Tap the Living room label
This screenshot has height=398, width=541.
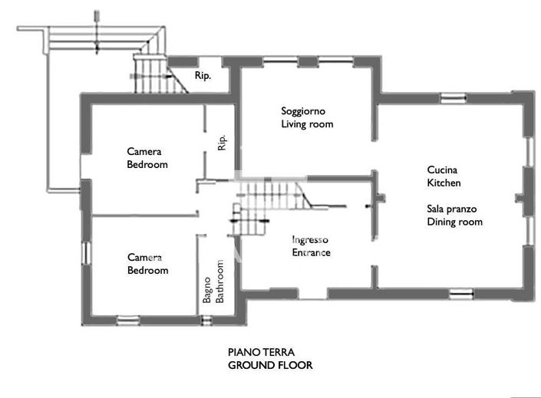point(307,124)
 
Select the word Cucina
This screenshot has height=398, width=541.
point(443,170)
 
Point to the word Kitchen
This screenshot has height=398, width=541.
point(444,183)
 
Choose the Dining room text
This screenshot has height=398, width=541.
point(455,222)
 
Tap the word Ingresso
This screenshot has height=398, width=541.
point(310,240)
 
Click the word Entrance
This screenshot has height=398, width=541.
point(311,252)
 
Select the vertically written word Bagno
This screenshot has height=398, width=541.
point(207,290)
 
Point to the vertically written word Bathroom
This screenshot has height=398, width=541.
point(219,283)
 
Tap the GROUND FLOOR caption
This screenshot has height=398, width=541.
point(270,366)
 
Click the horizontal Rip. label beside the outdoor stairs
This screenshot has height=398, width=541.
point(203,77)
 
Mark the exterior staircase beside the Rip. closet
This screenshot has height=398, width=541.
point(150,73)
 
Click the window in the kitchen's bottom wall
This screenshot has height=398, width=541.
point(461,292)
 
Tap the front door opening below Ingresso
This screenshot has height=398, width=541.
point(312,294)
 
